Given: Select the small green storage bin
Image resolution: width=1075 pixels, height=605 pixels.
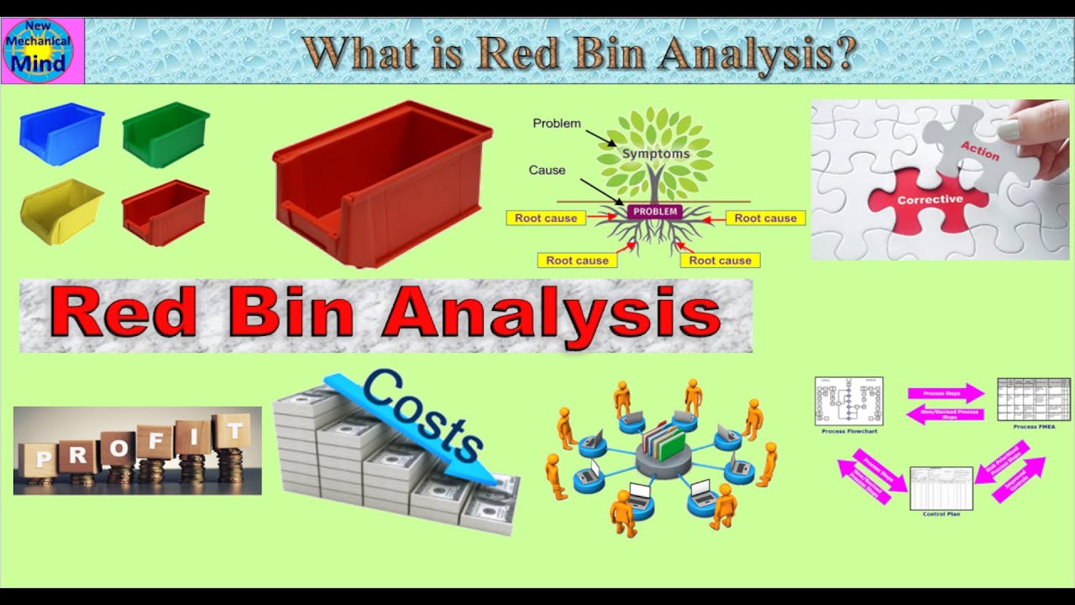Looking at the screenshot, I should (x=165, y=134).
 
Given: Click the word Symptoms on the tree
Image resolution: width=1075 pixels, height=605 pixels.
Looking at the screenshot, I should (x=655, y=154).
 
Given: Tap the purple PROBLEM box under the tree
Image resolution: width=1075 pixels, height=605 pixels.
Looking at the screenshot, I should (x=655, y=212).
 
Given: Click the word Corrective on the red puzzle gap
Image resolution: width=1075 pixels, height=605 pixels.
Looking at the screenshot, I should (x=929, y=200).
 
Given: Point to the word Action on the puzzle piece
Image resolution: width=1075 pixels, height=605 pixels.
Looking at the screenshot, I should (x=979, y=150).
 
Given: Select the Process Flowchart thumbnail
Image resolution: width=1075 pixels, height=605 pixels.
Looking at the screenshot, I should (x=848, y=401).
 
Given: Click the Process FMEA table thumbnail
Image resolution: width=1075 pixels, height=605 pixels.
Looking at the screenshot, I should (x=1033, y=399).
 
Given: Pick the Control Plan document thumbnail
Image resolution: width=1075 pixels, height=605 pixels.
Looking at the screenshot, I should (x=941, y=488).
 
